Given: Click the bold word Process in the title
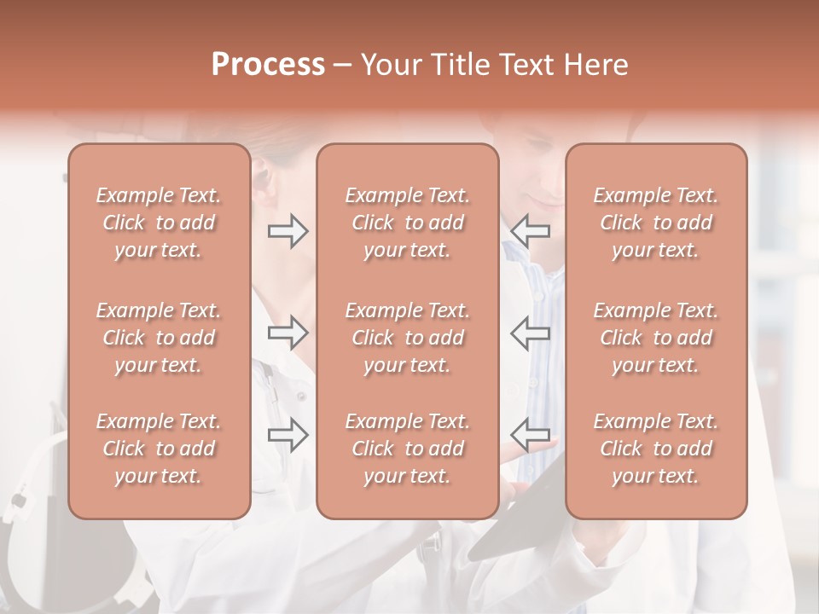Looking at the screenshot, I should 268,65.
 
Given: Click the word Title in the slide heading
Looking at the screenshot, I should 461,65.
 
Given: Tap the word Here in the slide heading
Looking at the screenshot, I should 598,65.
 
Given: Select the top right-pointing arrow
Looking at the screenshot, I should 288,231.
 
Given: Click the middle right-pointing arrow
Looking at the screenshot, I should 288,333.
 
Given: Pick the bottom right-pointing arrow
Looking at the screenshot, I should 288,435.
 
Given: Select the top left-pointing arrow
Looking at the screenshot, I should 531,231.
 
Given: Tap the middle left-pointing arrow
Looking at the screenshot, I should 531,333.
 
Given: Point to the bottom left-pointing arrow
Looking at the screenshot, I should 531,435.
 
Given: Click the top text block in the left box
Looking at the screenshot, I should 159,223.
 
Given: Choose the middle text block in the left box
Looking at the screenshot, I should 159,338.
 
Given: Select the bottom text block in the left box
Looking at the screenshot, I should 159,449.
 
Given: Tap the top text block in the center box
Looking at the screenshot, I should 407,223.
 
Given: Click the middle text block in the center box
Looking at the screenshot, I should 407,338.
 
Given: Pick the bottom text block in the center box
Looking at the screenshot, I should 407,449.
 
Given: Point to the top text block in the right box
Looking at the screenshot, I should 655,223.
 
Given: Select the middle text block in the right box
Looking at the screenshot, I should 655,338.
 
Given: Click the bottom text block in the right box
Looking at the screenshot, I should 655,449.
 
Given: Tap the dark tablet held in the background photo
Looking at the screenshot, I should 520,520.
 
